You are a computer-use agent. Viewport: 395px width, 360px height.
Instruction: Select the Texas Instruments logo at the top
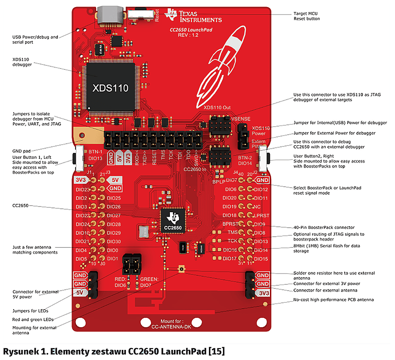click(x=193, y=16)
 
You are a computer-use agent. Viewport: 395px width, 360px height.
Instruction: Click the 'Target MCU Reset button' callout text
click(x=306, y=16)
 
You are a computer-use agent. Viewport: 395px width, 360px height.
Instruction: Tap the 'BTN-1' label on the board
click(x=96, y=151)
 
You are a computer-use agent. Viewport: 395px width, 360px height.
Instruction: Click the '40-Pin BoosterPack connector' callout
click(x=323, y=227)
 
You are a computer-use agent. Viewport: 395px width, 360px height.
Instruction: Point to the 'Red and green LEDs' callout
click(x=33, y=320)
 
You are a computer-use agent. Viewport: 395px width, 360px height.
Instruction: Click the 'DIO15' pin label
click(x=261, y=259)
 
